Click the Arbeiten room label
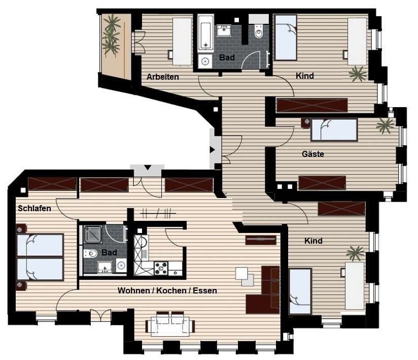click(163, 77)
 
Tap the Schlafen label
click(34, 208)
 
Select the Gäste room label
click(312, 154)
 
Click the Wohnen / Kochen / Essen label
click(167, 290)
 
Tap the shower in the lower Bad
click(93, 235)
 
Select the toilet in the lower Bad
click(91, 253)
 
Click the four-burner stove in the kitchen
click(161, 268)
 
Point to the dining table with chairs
click(170, 325)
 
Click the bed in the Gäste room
click(334, 129)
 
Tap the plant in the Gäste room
click(385, 125)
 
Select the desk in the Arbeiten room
click(182, 41)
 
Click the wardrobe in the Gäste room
click(322, 183)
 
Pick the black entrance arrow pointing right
click(212, 150)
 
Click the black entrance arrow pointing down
click(148, 168)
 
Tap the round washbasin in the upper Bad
click(205, 61)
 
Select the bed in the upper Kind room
click(286, 38)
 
